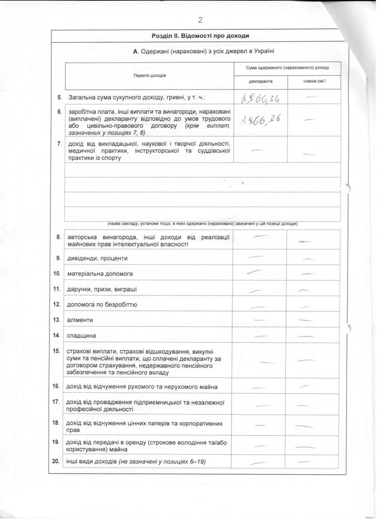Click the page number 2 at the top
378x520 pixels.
tap(199, 20)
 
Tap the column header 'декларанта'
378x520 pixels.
tap(260, 81)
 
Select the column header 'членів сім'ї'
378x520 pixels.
tap(314, 81)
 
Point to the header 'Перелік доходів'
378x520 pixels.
tap(149, 75)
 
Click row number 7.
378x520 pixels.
tap(59, 143)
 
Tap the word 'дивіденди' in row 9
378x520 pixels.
tap(80, 258)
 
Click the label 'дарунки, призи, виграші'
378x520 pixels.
tap(101, 289)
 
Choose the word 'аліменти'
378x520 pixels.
tap(80, 320)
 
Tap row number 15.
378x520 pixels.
tap(57, 351)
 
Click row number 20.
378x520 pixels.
tap(57, 461)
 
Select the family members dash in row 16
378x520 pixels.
tap(306, 386)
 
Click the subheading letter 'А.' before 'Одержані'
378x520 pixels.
tap(135, 51)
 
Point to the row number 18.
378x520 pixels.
tap(57, 423)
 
